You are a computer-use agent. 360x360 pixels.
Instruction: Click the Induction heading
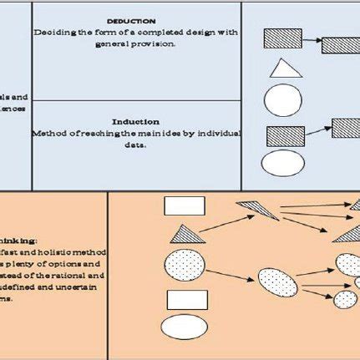click(136, 121)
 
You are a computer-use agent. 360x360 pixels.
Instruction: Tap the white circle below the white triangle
click(282, 99)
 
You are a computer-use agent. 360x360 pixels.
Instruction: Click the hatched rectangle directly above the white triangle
click(282, 38)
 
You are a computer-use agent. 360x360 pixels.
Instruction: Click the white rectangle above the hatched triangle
click(185, 205)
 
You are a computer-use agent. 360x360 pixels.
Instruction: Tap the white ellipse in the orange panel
click(185, 328)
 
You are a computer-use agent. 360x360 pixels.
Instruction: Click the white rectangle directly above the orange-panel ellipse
click(186, 299)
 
